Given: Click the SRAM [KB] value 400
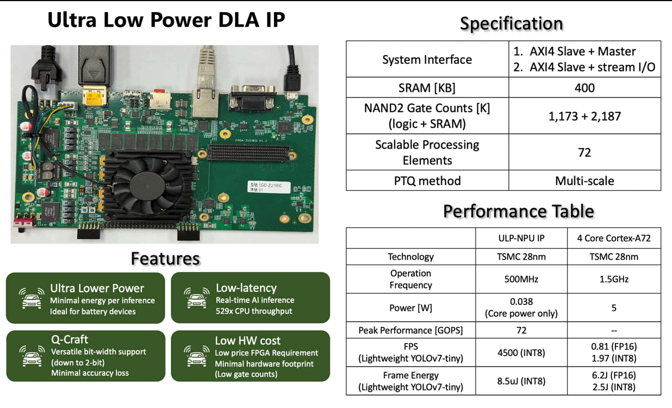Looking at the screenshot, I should point(584,88).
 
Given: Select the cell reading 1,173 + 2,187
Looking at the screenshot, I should point(584,116).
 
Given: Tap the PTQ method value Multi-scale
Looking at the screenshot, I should point(584,181).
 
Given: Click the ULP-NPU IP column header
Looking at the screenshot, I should point(521,238).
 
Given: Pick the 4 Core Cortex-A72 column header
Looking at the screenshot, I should point(613,238).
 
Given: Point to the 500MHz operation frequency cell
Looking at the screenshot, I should point(521,279).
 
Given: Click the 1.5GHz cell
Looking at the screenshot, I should point(613,279).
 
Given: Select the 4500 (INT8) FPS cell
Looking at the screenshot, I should point(521,353).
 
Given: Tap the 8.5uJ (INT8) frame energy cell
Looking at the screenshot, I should point(521,381).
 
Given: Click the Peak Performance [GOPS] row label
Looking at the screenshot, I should point(411,330).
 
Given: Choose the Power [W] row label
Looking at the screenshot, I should point(411,308).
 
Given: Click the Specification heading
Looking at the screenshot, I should point(511,24).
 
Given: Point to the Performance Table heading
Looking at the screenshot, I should point(518,211).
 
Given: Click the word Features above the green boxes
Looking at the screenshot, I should point(165,259).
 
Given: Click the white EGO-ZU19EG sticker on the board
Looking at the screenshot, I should point(268,187).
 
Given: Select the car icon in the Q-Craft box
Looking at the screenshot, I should point(32,356).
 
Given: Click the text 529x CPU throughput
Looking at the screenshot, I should point(254,311).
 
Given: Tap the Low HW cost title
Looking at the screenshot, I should point(247,340).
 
